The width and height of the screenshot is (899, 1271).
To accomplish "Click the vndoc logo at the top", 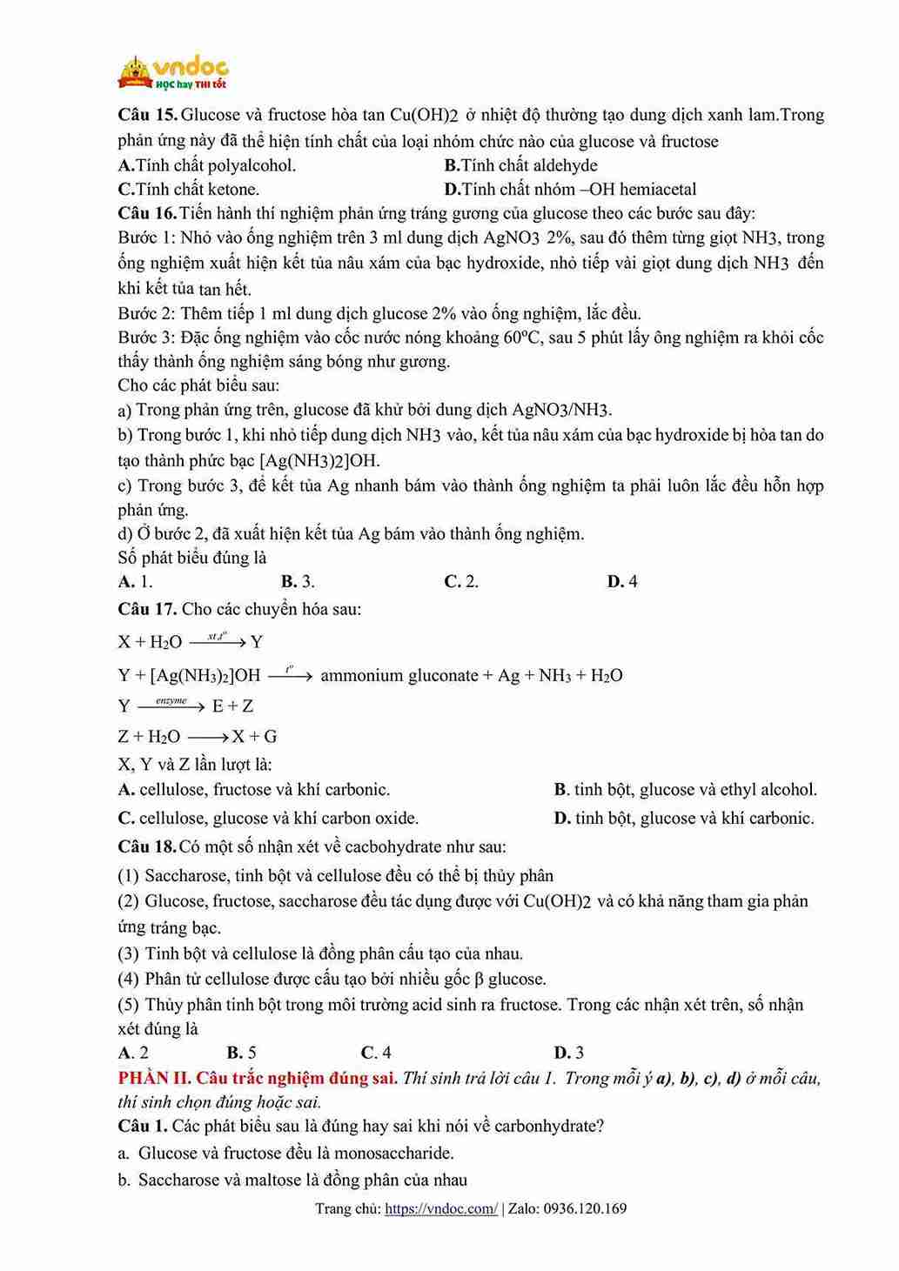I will [x=173, y=72].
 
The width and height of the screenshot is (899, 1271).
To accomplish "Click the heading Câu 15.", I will [x=147, y=115].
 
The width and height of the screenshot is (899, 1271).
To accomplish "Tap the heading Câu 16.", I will [x=147, y=213].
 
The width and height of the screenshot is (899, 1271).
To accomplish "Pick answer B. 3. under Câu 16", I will [x=298, y=581].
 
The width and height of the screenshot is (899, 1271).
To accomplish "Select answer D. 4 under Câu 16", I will [x=622, y=581].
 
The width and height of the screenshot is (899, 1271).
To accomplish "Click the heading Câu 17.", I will [x=147, y=609].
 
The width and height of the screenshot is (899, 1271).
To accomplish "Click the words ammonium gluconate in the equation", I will [x=399, y=675].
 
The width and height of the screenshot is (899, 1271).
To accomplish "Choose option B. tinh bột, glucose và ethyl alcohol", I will [x=685, y=790].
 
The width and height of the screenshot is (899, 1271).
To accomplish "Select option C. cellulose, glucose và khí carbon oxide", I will [x=268, y=818].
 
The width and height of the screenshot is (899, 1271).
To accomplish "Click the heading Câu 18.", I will [x=147, y=846].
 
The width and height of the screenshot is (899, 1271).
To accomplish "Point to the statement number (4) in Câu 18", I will [x=129, y=979].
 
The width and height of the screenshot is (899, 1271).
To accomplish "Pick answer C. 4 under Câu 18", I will [x=376, y=1053].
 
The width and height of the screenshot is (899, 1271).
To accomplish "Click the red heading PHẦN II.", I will [x=154, y=1078].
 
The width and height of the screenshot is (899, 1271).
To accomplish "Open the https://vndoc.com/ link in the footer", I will [x=441, y=1208].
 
